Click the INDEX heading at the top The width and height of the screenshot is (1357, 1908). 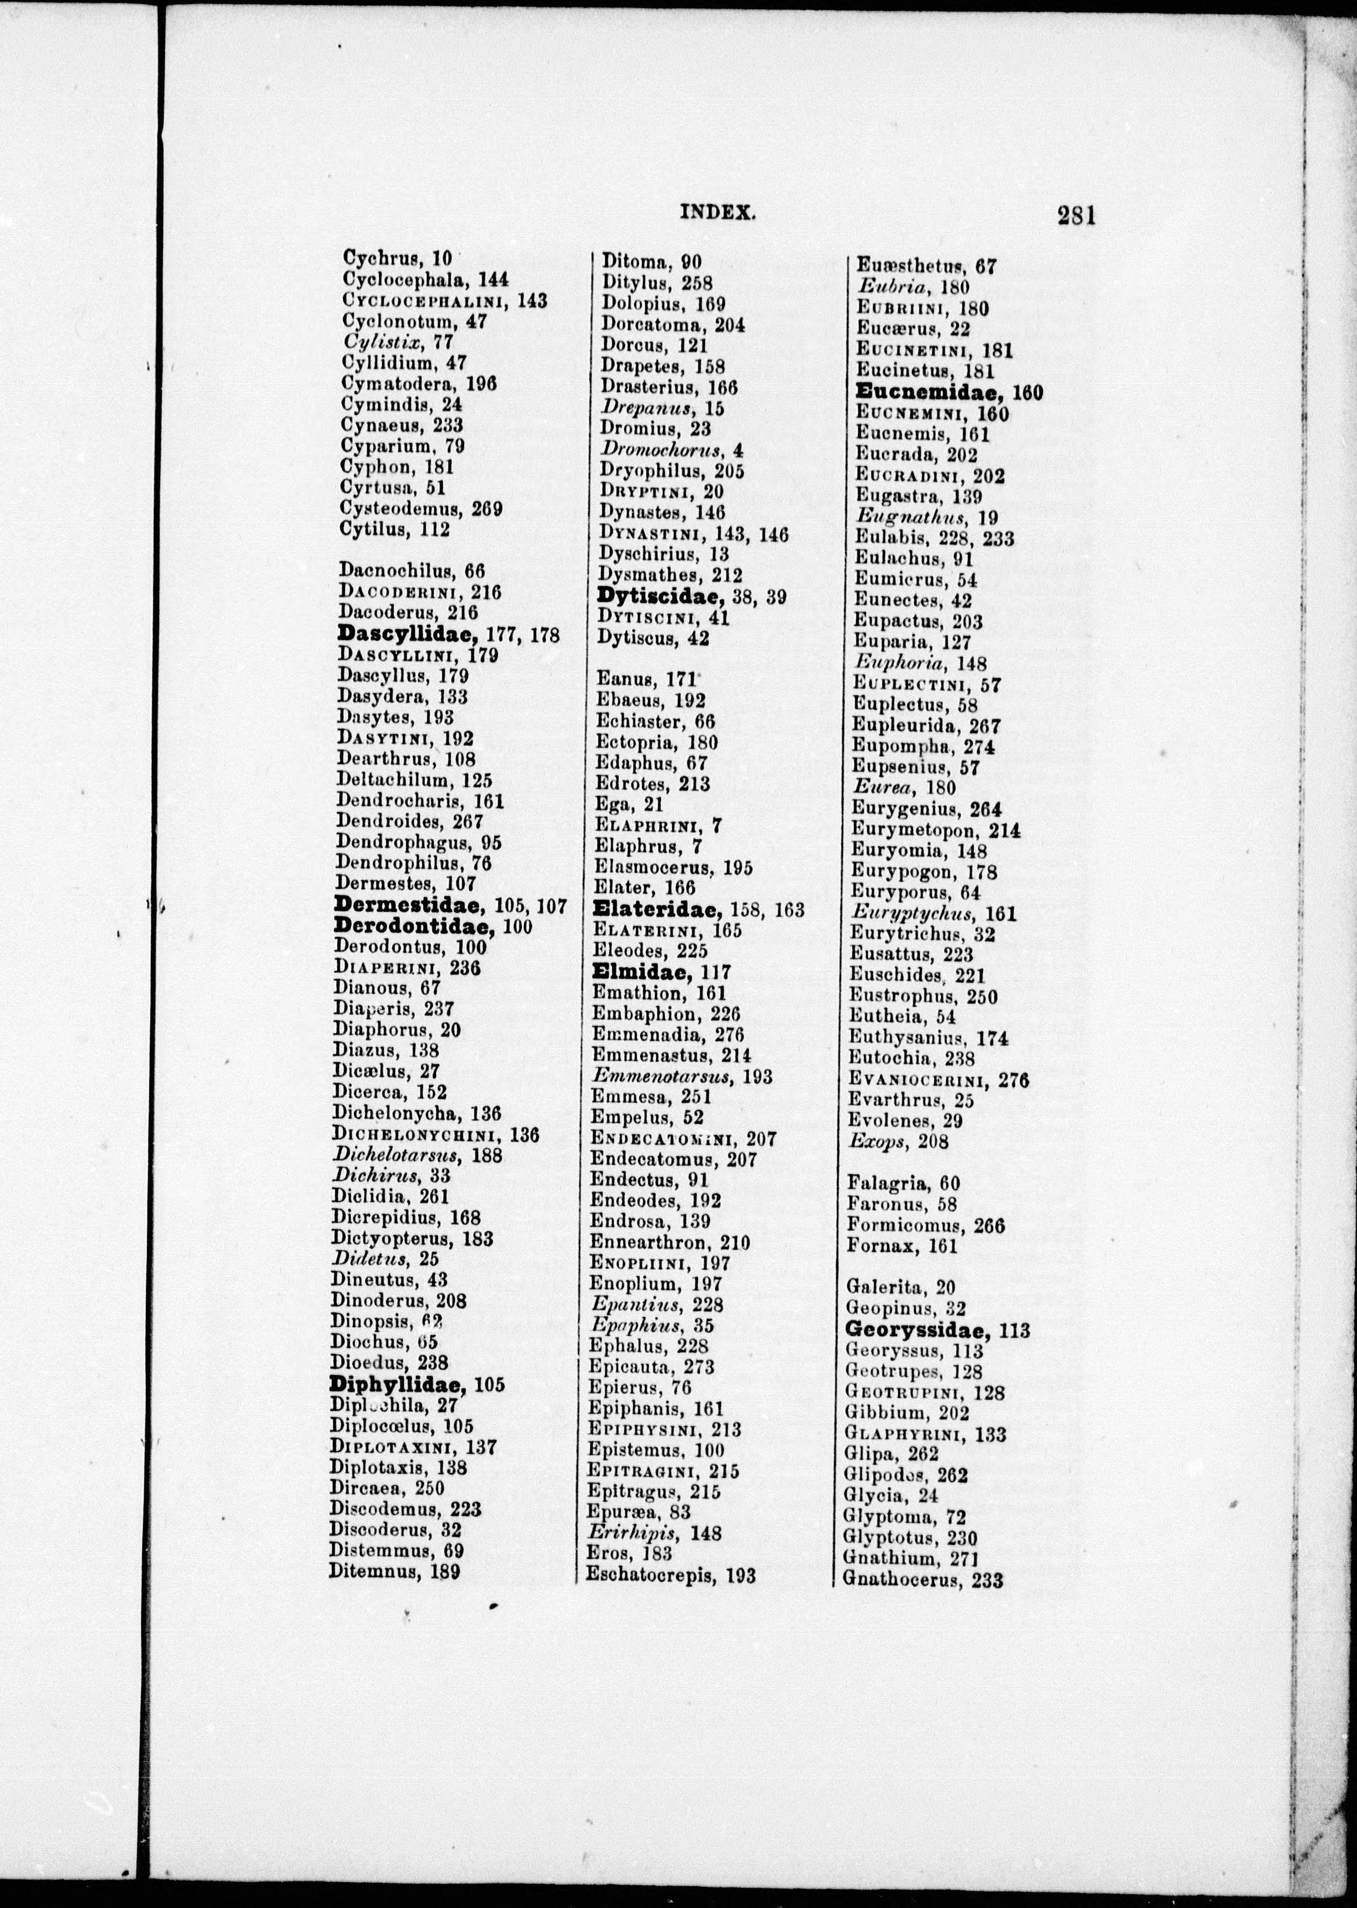718,212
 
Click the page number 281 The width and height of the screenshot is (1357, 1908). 1076,216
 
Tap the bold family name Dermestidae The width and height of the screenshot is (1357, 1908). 407,905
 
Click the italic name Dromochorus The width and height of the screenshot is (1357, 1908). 662,450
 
